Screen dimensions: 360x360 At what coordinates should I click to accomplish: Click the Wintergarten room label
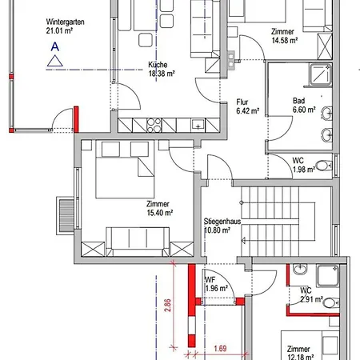(x=65, y=26)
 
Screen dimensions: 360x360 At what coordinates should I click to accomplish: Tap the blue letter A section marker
(x=55, y=46)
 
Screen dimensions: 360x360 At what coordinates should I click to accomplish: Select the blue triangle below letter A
(x=55, y=61)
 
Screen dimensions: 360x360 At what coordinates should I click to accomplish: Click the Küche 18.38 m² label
(x=162, y=69)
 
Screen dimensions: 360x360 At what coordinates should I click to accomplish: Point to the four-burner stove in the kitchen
(x=154, y=126)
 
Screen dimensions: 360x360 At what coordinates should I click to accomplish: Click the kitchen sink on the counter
(x=198, y=126)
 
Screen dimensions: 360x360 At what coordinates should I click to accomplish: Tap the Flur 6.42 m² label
(x=248, y=106)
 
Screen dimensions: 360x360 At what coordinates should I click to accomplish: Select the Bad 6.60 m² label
(x=304, y=105)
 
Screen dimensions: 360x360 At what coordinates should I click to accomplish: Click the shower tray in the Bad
(x=320, y=74)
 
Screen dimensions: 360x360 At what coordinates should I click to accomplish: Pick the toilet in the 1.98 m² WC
(x=324, y=166)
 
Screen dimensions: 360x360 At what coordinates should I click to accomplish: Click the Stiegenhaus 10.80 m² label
(x=222, y=226)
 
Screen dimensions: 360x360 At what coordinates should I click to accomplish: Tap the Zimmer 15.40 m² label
(x=160, y=208)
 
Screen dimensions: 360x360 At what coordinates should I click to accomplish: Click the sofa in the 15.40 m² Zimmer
(x=138, y=242)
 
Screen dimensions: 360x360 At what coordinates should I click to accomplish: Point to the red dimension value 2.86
(x=167, y=305)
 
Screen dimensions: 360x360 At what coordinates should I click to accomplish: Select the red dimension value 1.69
(x=220, y=348)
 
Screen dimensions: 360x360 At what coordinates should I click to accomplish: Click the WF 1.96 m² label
(x=216, y=284)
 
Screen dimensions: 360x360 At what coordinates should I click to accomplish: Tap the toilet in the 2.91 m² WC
(x=331, y=303)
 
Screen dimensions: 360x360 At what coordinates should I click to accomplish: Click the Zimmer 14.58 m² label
(x=285, y=36)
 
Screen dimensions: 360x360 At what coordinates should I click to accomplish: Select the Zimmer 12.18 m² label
(x=300, y=353)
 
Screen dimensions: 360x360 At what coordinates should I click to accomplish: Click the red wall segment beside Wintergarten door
(x=76, y=119)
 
